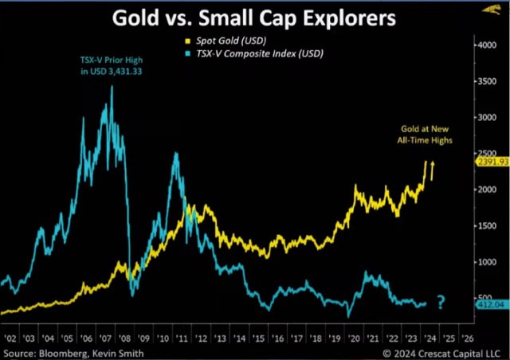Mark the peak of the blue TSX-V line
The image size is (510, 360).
click(x=112, y=86)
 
